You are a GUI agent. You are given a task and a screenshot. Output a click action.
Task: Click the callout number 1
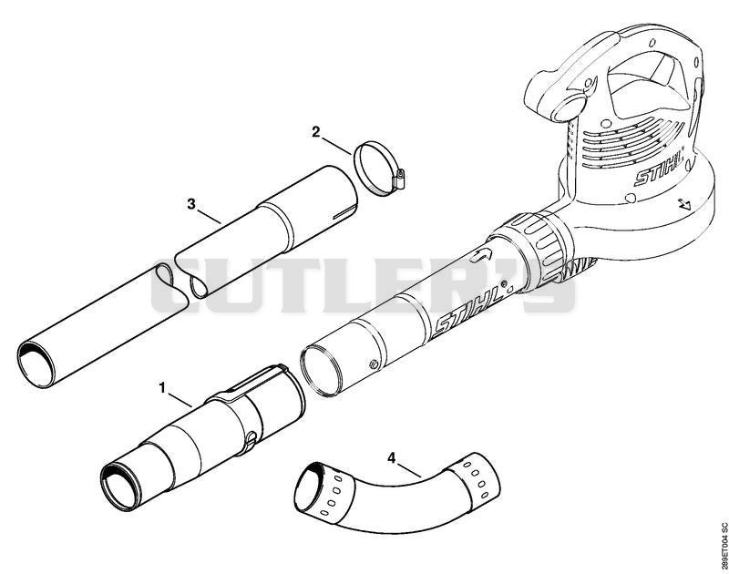click(162, 387)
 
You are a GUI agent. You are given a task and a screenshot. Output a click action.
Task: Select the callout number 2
click(316, 132)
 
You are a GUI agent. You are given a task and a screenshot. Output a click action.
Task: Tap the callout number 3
click(191, 204)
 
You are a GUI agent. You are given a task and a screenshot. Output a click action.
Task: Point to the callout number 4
click(392, 457)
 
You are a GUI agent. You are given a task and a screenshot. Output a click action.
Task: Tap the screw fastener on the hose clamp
click(399, 179)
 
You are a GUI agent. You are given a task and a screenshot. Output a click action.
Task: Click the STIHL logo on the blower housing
click(659, 167)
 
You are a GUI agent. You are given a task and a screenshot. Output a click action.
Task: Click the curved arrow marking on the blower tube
click(481, 255)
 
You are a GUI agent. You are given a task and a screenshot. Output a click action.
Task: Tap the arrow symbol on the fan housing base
click(684, 203)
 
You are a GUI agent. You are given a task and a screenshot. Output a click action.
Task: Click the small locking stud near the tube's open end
click(372, 364)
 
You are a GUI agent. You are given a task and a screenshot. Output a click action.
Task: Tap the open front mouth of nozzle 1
click(118, 487)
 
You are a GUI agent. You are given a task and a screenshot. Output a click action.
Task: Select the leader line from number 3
click(209, 217)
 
